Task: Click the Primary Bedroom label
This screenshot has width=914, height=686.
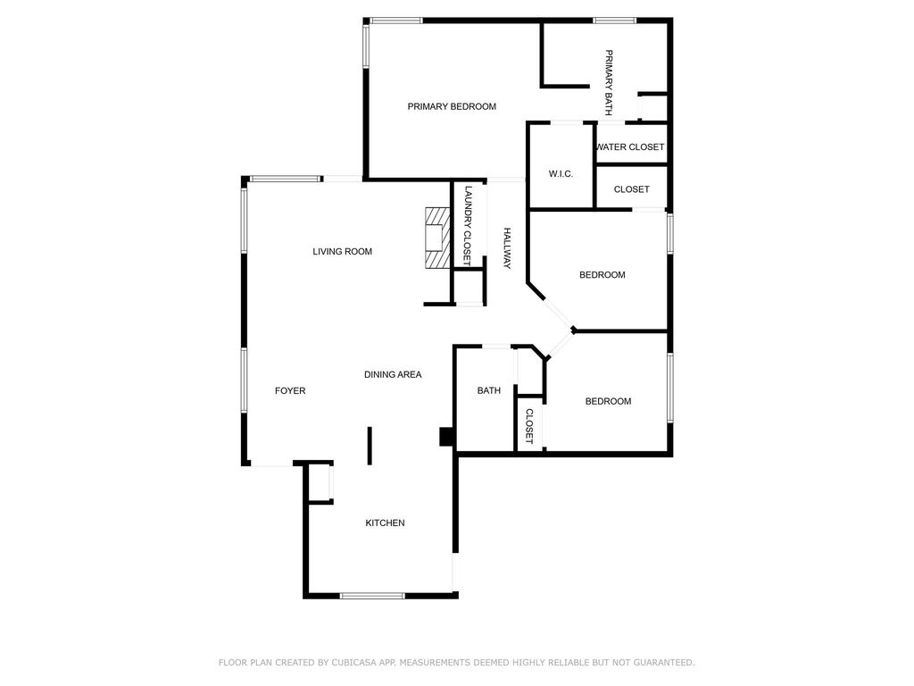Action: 452,106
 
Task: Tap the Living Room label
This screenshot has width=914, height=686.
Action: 342,251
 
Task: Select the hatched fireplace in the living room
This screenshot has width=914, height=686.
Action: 437,238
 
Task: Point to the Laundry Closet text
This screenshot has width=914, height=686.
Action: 468,226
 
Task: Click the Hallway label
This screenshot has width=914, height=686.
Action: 507,248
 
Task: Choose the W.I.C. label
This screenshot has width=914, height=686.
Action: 561,174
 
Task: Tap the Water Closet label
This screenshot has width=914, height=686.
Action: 630,147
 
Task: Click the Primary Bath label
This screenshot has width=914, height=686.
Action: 609,83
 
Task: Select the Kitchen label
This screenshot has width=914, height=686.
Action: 385,523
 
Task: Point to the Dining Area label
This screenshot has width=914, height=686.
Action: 393,374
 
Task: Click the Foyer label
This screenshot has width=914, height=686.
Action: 290,391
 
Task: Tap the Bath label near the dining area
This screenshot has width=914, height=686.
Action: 489,391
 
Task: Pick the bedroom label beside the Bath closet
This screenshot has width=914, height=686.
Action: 608,401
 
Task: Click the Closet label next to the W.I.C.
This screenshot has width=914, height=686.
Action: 631,189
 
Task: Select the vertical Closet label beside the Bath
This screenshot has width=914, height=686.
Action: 529,426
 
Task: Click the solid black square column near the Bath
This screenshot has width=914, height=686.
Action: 446,437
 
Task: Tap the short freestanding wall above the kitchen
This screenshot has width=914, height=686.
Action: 370,447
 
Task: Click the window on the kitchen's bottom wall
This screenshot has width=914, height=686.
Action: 372,596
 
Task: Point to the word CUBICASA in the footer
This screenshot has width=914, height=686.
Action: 355,663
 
